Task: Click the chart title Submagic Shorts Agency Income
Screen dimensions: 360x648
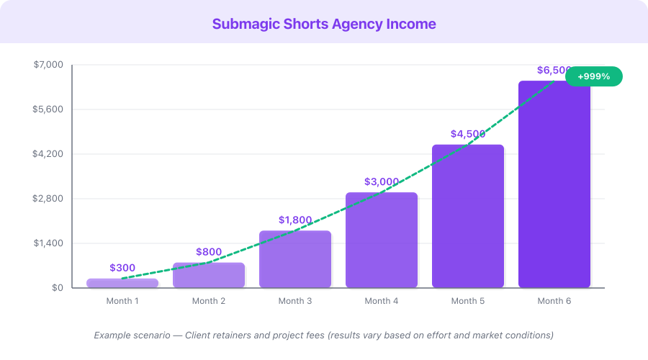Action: coord(324,24)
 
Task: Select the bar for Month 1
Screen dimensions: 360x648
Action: coord(122,283)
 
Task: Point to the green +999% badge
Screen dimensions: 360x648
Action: coord(593,76)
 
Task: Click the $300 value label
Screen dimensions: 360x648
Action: coord(122,268)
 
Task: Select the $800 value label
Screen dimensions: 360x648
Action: coord(209,252)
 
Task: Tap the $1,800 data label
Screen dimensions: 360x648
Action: coord(295,220)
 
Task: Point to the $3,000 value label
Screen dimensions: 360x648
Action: coord(382,181)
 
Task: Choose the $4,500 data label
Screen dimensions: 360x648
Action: coord(468,134)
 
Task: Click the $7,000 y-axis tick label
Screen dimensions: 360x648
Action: coord(49,65)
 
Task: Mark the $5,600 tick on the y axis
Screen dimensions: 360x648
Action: coord(49,109)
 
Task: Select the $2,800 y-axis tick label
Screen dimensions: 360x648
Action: coord(49,199)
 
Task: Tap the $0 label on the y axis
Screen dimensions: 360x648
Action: coord(57,288)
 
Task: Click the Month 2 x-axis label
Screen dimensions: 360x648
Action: coord(209,301)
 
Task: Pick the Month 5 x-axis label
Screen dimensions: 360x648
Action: coord(468,301)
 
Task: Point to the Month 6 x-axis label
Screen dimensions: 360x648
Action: coord(554,301)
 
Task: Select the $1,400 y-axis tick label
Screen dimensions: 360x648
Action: coord(49,243)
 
